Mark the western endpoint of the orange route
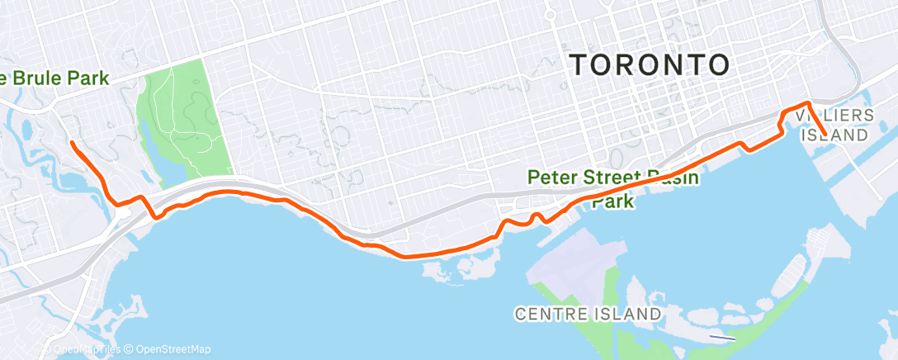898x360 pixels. coord(72,143)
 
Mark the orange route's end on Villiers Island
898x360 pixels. coord(825,133)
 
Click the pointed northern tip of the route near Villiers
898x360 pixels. coord(809,102)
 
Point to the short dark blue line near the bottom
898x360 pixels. coord(722,337)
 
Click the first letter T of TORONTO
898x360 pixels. coord(579,64)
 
